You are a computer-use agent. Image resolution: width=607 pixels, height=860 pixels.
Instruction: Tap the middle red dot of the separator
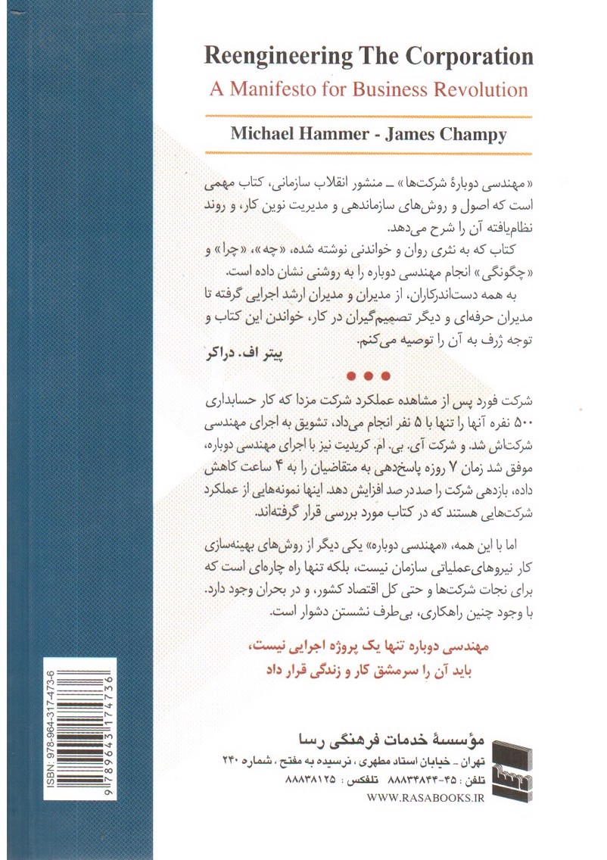[368, 375]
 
